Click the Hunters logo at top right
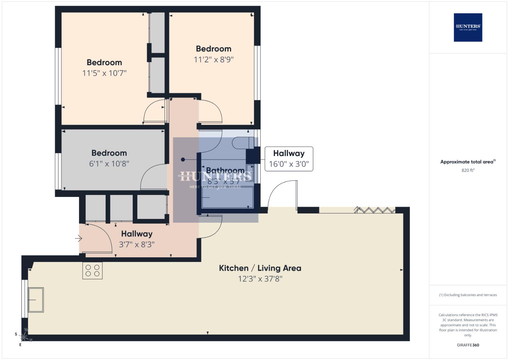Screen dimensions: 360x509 (x=468, y=27)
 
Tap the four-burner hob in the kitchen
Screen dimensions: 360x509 (x=92, y=270)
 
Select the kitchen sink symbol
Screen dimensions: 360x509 (x=36, y=300)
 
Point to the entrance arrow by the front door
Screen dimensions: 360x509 (x=78, y=238)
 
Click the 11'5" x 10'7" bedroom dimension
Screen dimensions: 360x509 (x=104, y=73)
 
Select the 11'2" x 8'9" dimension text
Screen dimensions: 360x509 (x=214, y=60)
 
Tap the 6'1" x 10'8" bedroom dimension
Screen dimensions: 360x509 (x=109, y=164)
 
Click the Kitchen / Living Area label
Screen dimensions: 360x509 (x=260, y=268)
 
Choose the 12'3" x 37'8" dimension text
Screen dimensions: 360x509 (x=260, y=279)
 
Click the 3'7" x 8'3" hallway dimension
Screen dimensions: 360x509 (x=137, y=244)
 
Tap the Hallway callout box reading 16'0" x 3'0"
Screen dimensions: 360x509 (x=289, y=159)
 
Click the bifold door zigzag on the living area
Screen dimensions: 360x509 (x=374, y=210)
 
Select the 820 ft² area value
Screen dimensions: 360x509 (x=468, y=170)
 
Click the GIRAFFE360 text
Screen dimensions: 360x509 (x=468, y=345)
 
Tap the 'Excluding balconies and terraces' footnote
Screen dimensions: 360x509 (x=468, y=295)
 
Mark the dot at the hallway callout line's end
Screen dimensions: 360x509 (x=183, y=160)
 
